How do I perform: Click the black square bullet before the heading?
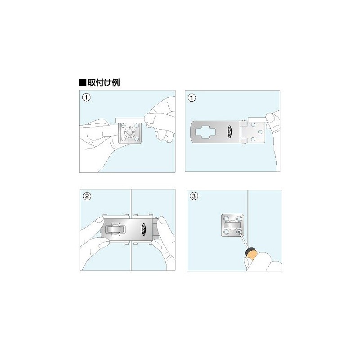[82, 83]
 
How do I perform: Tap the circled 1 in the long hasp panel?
[192, 98]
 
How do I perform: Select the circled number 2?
[87, 196]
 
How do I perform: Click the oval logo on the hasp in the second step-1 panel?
[229, 131]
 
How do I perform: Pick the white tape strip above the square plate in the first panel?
[129, 120]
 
